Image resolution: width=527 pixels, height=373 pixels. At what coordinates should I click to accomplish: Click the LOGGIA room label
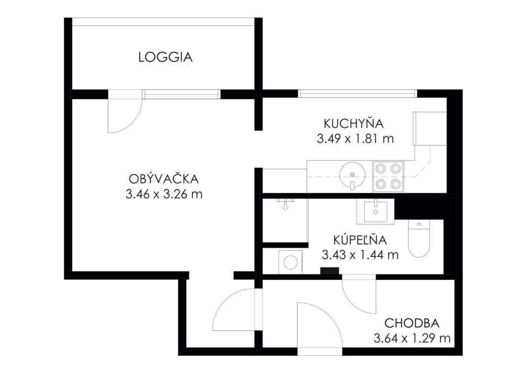pos(165,57)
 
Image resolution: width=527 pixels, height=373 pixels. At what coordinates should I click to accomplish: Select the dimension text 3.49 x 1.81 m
pos(355,139)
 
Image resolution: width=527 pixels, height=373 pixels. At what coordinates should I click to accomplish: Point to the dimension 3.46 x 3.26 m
pos(164,194)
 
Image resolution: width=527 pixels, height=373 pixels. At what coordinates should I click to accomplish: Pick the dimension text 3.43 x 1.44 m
pos(360,255)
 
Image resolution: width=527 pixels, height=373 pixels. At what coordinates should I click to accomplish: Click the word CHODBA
pos(412,324)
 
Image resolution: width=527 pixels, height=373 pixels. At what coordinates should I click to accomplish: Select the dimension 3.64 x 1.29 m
pos(412,338)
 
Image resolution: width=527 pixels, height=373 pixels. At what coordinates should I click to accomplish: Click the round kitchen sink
pos(352,174)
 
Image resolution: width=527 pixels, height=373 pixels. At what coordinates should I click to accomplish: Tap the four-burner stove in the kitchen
pos(388,176)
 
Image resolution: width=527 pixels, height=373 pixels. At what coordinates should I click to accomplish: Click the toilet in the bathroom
pos(419,238)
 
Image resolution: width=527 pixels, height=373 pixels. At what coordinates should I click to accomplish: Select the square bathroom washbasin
pos(376,211)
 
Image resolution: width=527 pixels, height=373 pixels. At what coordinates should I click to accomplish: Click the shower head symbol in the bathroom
pos(286,203)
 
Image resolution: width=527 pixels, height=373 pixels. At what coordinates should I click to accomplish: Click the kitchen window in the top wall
pos(357,93)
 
